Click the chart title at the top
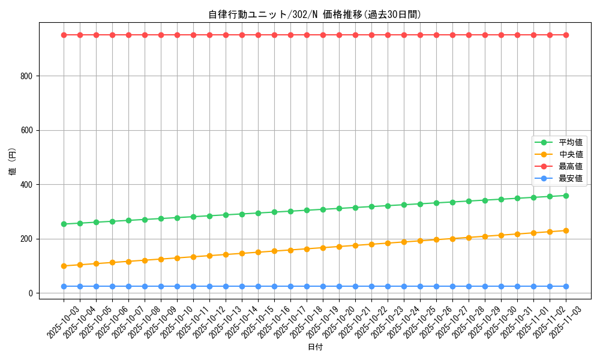click(314, 14)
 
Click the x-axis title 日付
click(315, 347)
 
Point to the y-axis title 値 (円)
click(13, 161)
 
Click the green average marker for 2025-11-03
click(566, 196)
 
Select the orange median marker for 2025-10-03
click(64, 266)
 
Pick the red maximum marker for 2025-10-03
click(64, 35)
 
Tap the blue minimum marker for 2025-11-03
click(566, 286)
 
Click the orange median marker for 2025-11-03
click(566, 230)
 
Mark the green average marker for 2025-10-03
click(64, 224)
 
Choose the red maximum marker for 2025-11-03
click(566, 35)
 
